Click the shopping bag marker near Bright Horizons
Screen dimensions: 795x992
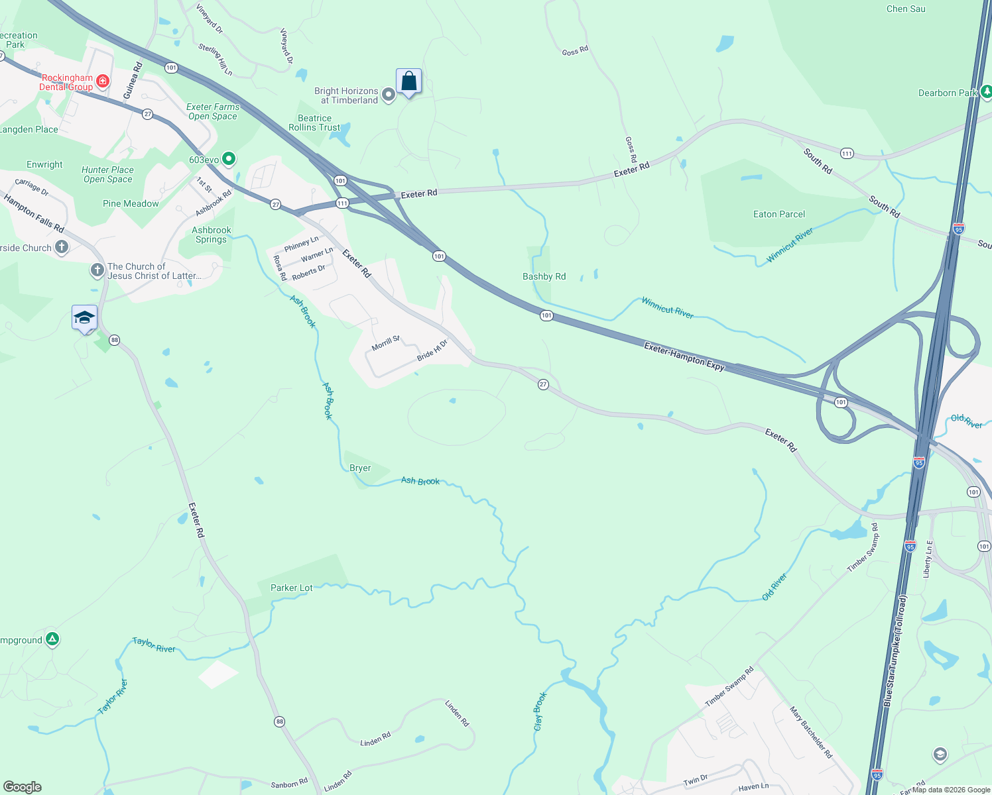(x=409, y=81)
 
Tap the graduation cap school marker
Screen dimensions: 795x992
(x=84, y=318)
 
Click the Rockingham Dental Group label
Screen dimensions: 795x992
(x=66, y=82)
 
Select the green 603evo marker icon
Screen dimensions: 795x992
(x=229, y=159)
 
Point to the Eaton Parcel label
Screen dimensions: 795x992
(x=779, y=214)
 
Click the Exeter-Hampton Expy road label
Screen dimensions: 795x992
(x=684, y=356)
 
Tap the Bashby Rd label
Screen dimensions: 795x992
(x=544, y=276)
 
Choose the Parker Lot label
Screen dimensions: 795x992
(x=291, y=588)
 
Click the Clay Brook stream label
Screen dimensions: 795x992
(x=540, y=712)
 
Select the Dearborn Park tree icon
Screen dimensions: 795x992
(x=986, y=92)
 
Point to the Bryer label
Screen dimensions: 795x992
(x=360, y=468)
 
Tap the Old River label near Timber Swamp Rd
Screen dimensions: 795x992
(x=774, y=587)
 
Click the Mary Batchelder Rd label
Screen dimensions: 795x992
(x=810, y=732)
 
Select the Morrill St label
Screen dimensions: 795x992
(x=385, y=343)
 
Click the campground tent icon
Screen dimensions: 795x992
(x=52, y=639)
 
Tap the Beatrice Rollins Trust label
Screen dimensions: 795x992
(x=314, y=123)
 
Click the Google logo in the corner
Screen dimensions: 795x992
(x=22, y=787)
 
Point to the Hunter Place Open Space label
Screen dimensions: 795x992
(x=107, y=174)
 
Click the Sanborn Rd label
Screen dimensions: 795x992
(x=289, y=784)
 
